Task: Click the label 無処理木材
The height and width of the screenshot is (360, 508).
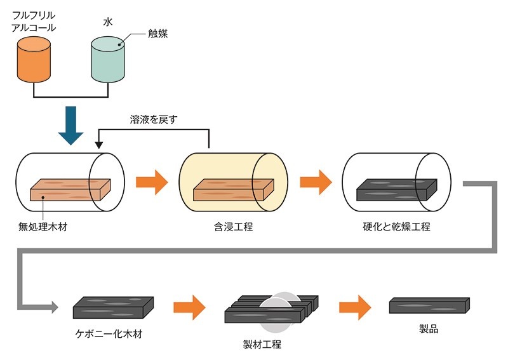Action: click(x=43, y=225)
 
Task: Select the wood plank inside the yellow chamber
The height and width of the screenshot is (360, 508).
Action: click(x=232, y=189)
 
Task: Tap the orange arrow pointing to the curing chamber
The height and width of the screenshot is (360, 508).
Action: click(x=316, y=182)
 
